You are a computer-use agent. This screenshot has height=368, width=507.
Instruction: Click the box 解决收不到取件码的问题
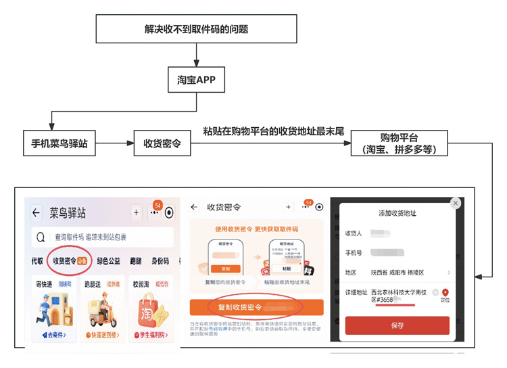pos(197,29)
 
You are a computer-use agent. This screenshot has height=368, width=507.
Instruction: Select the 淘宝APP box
pos(197,80)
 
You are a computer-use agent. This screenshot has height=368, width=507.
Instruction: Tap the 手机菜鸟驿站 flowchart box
pos(60,143)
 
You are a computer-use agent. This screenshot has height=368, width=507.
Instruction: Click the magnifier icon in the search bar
pos(41,237)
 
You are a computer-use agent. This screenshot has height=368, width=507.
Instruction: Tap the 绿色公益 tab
pos(108,261)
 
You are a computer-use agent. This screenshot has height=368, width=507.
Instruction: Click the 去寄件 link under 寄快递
pos(53,335)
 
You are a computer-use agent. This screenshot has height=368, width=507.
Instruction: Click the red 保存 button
pos(397,325)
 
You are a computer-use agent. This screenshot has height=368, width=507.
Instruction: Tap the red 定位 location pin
pos(445,293)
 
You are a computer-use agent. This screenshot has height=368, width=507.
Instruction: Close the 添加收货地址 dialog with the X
pos(455,203)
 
